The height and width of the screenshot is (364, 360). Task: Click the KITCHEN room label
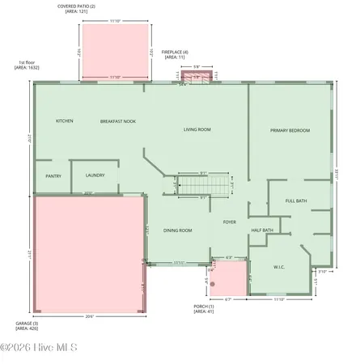(65, 121)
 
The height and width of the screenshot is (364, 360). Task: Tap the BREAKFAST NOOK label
(116, 121)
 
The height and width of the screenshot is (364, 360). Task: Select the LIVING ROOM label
(197, 129)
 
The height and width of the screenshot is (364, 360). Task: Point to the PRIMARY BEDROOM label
(290, 130)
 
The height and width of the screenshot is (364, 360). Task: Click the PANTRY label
(53, 175)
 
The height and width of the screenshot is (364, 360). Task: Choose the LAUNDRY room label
(95, 175)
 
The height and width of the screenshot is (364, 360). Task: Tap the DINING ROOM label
(178, 231)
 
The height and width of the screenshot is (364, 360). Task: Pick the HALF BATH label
(262, 230)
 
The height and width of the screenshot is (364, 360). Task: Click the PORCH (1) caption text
(204, 309)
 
